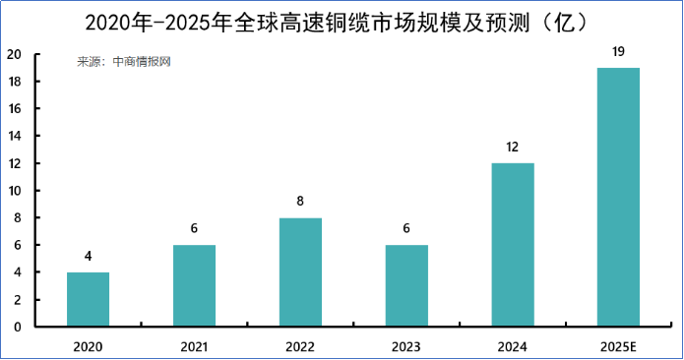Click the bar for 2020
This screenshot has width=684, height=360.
[88, 299]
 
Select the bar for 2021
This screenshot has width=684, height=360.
[194, 285]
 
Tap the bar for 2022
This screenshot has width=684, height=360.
[300, 272]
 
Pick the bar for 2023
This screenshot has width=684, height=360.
[406, 285]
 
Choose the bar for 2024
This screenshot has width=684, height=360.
[513, 245]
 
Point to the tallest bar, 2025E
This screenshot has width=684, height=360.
[618, 197]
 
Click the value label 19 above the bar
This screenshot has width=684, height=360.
[618, 51]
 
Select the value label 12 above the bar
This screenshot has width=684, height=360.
[513, 147]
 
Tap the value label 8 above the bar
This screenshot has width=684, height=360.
[300, 202]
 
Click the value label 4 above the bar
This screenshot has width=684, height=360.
[88, 256]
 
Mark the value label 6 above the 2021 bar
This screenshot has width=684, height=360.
[194, 228]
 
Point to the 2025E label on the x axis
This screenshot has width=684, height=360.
[618, 346]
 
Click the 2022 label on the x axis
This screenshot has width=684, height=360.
[300, 346]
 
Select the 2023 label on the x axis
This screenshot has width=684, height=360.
[406, 346]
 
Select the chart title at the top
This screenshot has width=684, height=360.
[341, 21]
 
